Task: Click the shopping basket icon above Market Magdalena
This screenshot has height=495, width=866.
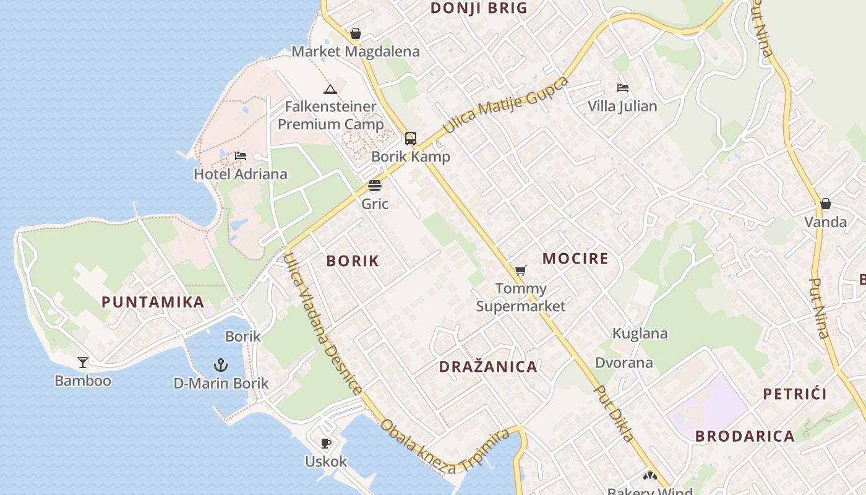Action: pos(356,33)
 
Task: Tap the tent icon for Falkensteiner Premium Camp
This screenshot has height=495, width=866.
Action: pos(330,89)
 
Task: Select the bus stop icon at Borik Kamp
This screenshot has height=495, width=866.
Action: pos(411,138)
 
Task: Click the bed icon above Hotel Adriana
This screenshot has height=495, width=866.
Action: pos(241,156)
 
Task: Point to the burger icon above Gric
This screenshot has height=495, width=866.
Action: pos(375,186)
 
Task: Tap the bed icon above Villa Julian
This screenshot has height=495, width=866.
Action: pos(623,88)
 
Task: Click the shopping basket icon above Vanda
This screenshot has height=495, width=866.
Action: pos(826,204)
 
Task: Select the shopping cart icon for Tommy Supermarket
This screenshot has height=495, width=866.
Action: pos(521,270)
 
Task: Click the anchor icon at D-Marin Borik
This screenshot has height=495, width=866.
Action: pos(221,365)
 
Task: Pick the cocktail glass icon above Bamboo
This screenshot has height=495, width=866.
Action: pos(82,363)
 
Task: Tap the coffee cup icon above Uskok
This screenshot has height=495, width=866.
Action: pos(326,443)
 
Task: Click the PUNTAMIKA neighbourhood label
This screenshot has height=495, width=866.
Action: pos(153,302)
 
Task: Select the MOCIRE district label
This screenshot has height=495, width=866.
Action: pos(575,258)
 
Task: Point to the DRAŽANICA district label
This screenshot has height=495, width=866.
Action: pos(488,366)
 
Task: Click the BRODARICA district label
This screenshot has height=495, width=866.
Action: pos(745,436)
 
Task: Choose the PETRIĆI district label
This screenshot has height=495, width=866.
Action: pos(795,394)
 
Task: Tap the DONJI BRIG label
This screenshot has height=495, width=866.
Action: pos(479,8)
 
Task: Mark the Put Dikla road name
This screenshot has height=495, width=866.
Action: pos(614,413)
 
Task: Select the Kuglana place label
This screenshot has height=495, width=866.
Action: pos(640,334)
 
